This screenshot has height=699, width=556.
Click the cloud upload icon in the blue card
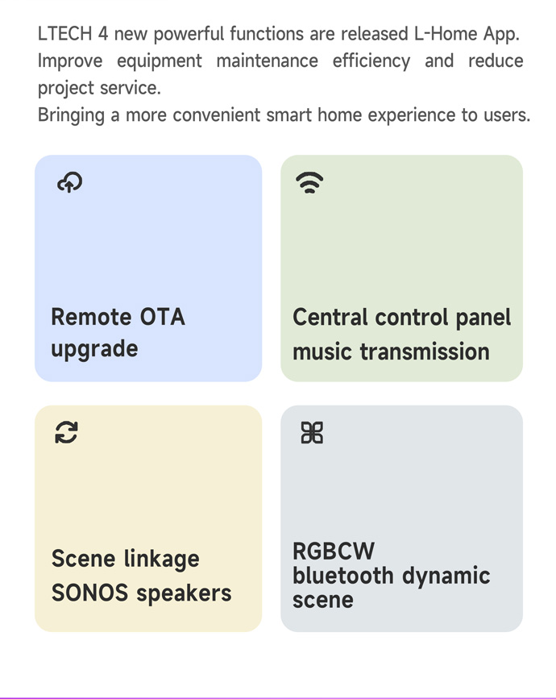pyautogui.click(x=70, y=182)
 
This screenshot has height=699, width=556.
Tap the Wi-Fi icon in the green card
pyautogui.click(x=309, y=182)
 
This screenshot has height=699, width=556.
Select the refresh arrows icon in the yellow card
pyautogui.click(x=66, y=432)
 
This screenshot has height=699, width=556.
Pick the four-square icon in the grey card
pyautogui.click(x=312, y=433)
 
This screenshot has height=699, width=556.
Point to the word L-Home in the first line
pyautogui.click(x=446, y=34)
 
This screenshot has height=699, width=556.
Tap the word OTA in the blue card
pyautogui.click(x=162, y=317)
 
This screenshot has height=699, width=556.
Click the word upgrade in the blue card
pyautogui.click(x=94, y=349)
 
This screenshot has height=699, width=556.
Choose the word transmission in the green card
pyautogui.click(x=425, y=352)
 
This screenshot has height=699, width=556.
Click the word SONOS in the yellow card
pyautogui.click(x=89, y=593)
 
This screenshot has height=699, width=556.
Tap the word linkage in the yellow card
pyautogui.click(x=162, y=560)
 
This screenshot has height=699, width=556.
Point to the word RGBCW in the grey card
pyautogui.click(x=334, y=551)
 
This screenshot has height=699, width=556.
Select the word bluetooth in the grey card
pyautogui.click(x=343, y=575)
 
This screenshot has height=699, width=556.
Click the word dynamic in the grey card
pyautogui.click(x=446, y=576)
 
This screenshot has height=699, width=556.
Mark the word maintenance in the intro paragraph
pyautogui.click(x=268, y=61)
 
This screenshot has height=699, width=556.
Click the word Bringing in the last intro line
pyautogui.click(x=71, y=115)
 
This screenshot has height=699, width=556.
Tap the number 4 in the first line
pyautogui.click(x=103, y=34)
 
